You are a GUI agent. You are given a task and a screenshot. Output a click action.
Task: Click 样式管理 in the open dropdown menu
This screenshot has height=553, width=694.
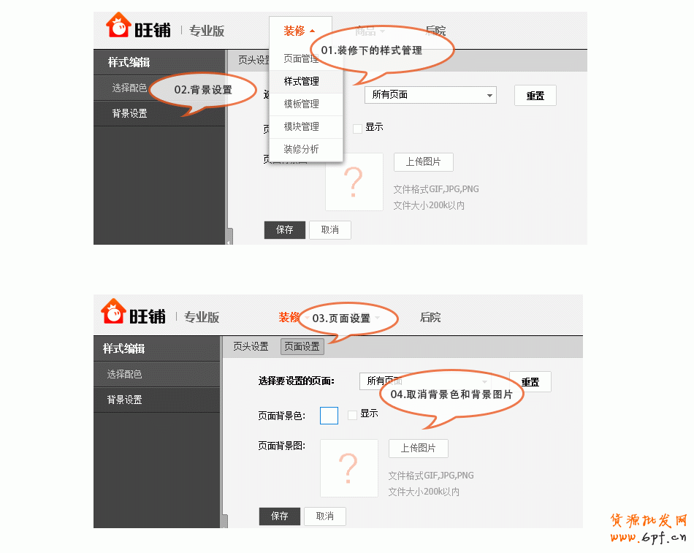[x=302, y=81]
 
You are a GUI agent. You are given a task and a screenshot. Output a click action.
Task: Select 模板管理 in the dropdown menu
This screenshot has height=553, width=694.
[x=302, y=104]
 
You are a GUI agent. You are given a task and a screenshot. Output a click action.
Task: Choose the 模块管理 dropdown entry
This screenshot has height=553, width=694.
[x=302, y=126]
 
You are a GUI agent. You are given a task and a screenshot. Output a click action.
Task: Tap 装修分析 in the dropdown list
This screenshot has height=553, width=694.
[x=302, y=149]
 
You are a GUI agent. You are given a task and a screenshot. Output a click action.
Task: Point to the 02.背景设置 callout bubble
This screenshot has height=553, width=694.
[x=202, y=90]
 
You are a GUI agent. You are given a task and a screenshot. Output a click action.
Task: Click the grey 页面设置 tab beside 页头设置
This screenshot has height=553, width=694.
[x=302, y=347]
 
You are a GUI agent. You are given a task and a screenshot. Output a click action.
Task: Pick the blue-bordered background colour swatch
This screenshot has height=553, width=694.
[x=329, y=416]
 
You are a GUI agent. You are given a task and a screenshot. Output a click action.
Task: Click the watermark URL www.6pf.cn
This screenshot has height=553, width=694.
[x=648, y=538]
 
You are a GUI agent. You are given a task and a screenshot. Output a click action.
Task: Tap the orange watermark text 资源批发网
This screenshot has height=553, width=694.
[x=648, y=521]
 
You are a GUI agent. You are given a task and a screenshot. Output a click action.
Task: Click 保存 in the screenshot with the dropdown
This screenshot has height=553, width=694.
[x=285, y=230]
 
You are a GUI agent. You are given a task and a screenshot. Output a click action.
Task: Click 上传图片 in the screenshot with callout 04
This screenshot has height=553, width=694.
[x=418, y=449]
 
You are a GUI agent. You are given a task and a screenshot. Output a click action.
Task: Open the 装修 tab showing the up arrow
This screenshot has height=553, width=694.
[x=300, y=31]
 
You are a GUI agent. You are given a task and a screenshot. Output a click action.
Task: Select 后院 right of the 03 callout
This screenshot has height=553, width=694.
[x=430, y=318]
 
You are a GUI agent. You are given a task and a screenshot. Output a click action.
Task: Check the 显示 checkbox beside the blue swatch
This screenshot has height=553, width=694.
[x=353, y=415]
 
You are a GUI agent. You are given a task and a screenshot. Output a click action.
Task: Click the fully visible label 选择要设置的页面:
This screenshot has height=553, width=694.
[x=296, y=381]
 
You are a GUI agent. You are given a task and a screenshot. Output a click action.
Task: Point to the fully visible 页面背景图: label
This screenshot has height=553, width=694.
[x=282, y=446]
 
